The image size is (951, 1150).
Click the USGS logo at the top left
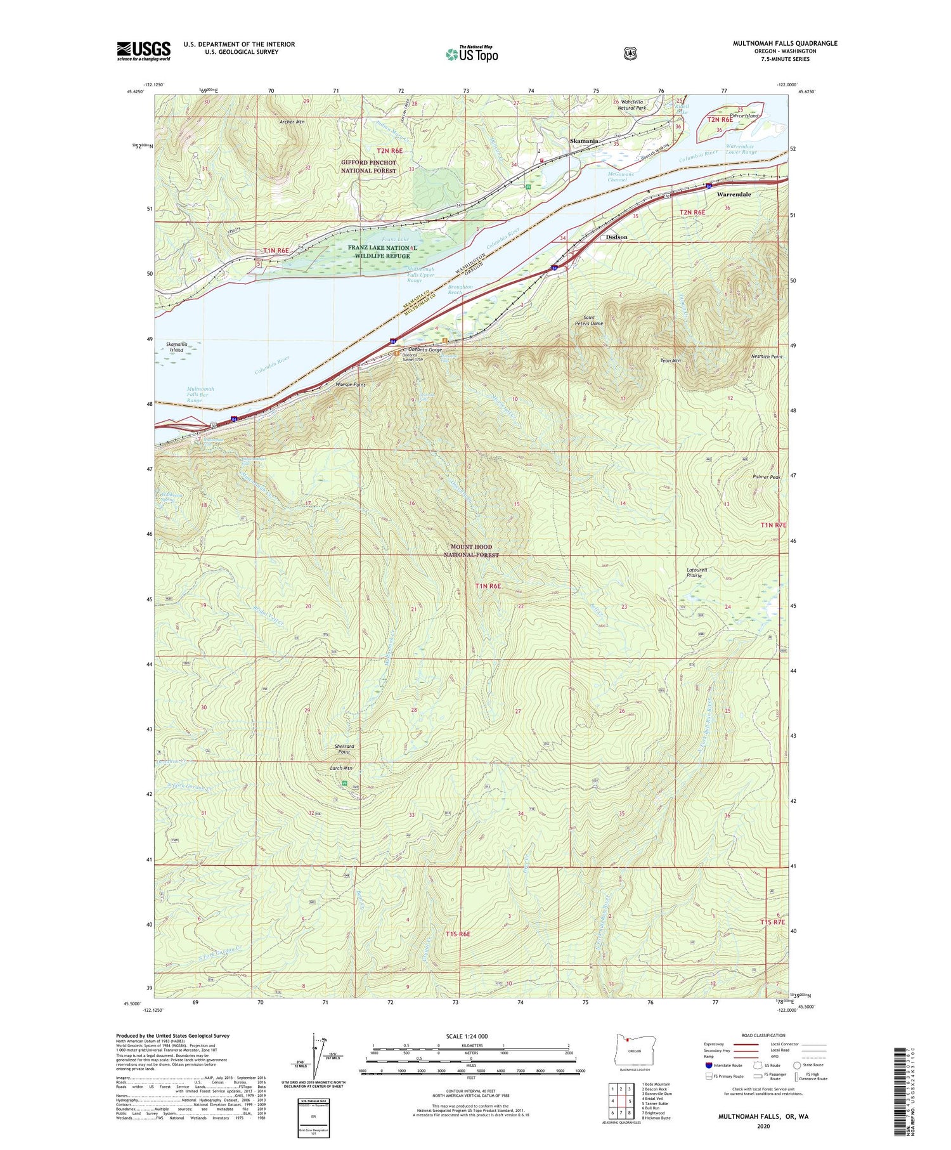click(144, 51)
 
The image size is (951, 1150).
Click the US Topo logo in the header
click(472, 54)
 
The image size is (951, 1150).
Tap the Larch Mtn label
click(341, 768)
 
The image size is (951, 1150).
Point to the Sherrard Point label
click(344, 749)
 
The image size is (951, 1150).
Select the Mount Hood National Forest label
click(471, 551)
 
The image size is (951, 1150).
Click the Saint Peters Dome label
click(588, 320)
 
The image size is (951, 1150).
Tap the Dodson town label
click(616, 237)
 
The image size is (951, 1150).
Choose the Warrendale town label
click(734, 195)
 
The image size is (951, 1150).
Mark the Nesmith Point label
click(767, 356)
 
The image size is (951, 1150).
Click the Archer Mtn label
click(292, 122)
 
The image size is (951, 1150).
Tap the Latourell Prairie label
click(697, 572)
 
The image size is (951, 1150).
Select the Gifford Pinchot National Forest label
click(368, 166)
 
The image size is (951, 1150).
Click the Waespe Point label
click(350, 385)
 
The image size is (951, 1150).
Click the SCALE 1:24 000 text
click(467, 1036)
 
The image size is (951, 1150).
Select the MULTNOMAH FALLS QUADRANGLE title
click(785, 43)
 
